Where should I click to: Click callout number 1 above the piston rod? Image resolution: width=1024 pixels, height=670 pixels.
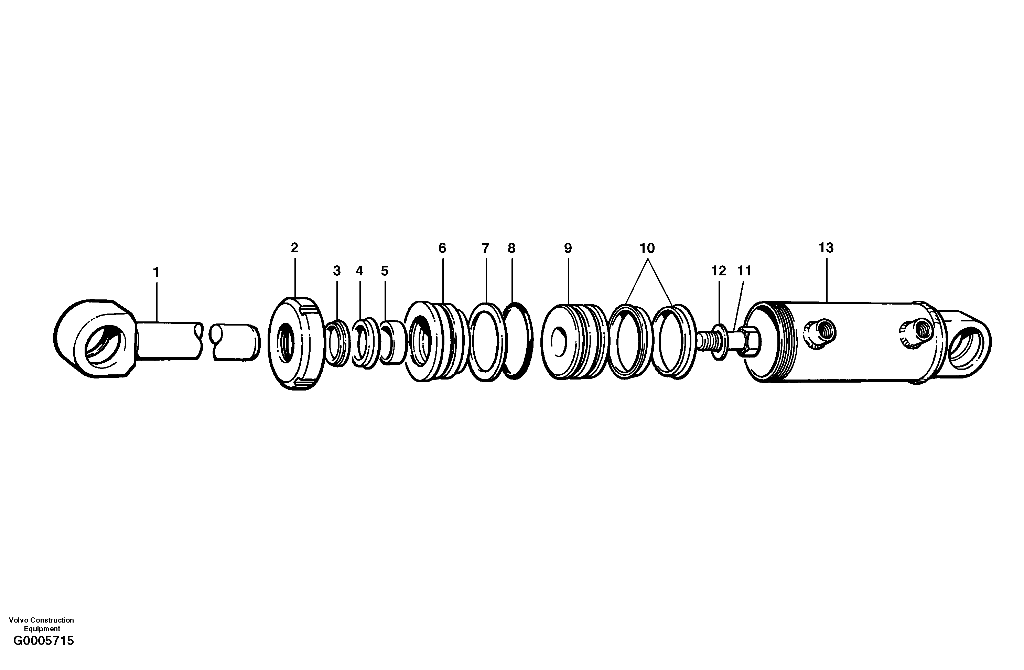156,272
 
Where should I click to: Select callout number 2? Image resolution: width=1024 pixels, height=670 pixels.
294,248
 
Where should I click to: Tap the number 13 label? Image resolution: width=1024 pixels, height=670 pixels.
826,248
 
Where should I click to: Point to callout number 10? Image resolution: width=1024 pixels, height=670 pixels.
647,249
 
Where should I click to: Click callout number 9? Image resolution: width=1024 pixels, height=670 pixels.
568,249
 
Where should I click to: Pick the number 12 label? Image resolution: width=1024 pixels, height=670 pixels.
719,271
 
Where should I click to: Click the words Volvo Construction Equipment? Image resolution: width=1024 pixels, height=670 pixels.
41,624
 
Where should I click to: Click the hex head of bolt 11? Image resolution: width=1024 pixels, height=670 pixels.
750,342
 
